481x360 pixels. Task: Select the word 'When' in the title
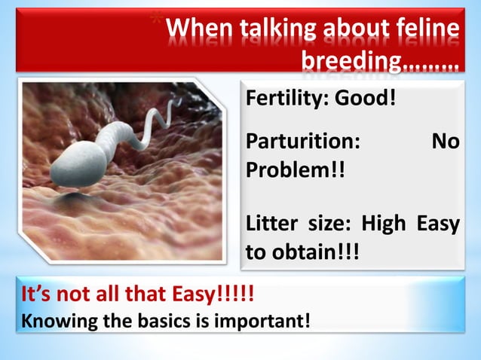[x=198, y=29]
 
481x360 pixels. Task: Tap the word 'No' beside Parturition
[x=445, y=143]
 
